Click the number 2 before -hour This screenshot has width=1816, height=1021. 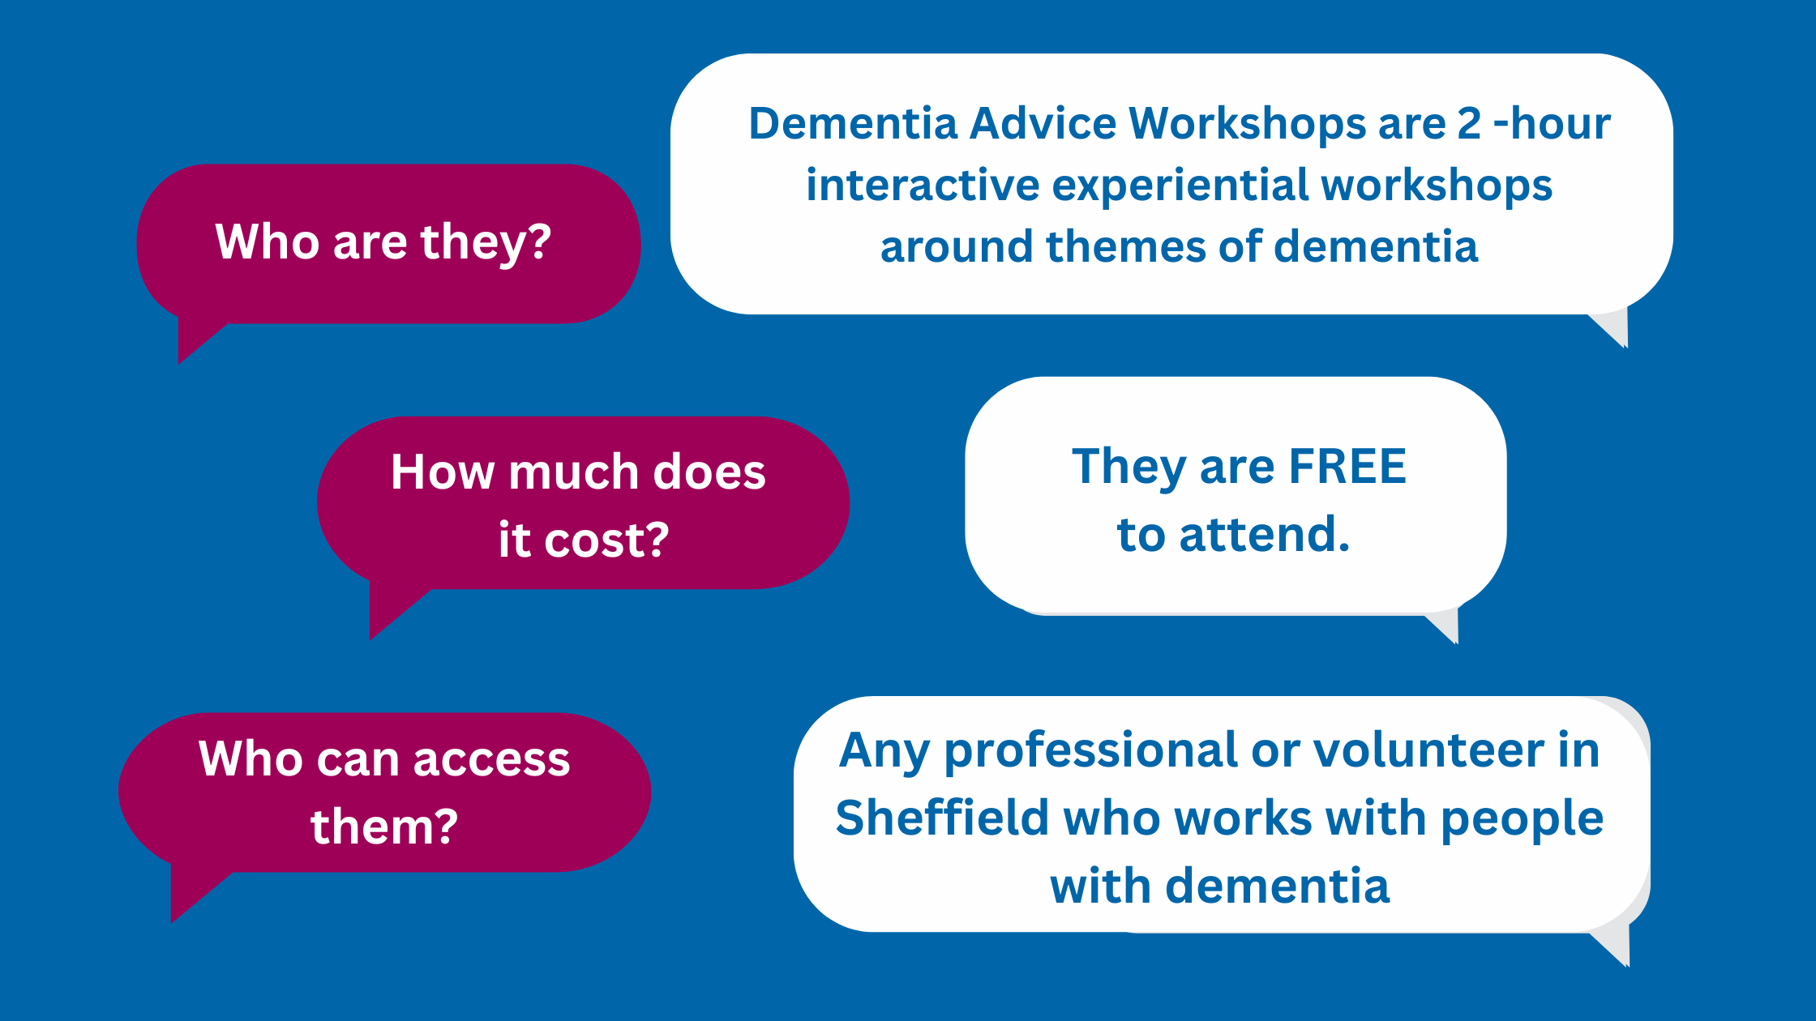tap(1470, 124)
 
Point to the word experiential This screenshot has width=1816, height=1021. tap(1180, 186)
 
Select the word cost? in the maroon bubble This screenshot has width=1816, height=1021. tap(606, 540)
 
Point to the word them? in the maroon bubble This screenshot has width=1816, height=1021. tap(384, 827)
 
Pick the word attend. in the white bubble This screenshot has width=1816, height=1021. tap(1265, 535)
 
